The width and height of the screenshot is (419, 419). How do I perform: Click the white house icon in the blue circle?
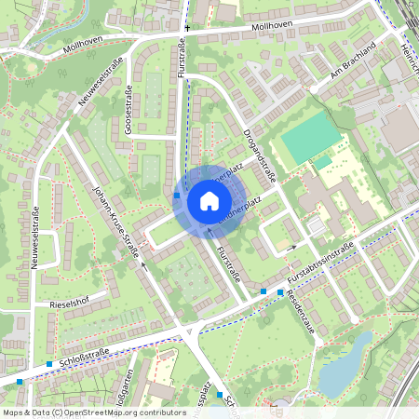coord(209,200)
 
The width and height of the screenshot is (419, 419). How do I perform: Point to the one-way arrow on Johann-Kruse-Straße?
coord(143,264)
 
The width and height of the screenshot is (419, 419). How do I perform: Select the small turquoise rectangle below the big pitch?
coord(322,162)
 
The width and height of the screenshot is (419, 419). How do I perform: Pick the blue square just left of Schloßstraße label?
coord(48,363)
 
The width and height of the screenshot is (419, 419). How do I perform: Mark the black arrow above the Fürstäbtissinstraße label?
coord(291,248)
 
